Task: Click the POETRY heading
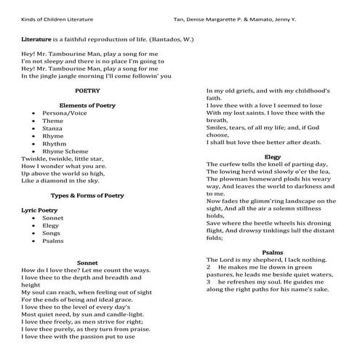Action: [x=87, y=90]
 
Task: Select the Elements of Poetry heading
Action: [x=87, y=105]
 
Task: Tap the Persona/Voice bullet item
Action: [x=63, y=113]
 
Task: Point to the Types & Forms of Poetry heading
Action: [x=87, y=195]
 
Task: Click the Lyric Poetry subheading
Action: [x=43, y=210]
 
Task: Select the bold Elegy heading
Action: [x=273, y=156]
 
